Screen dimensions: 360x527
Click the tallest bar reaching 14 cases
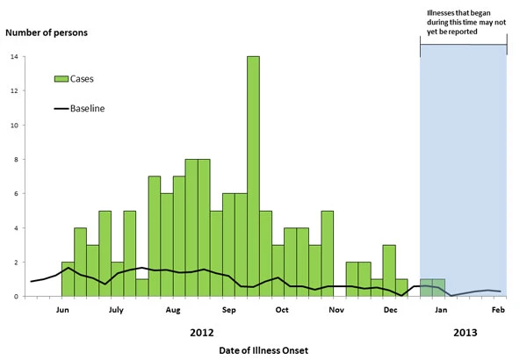(253, 176)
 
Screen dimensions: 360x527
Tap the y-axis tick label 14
(14, 58)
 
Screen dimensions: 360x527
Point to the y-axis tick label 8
(14, 160)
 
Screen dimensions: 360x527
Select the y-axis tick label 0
(14, 297)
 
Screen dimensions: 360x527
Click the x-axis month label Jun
(62, 310)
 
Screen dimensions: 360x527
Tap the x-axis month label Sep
(228, 310)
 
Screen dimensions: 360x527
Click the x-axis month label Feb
(498, 310)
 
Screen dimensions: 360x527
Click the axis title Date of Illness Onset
(263, 350)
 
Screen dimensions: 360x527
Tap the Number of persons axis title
(47, 33)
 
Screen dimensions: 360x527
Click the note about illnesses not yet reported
(464, 22)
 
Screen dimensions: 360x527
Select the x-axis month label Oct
(283, 310)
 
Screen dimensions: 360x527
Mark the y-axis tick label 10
(12, 126)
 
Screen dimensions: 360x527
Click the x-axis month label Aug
(173, 310)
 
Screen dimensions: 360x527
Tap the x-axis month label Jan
(442, 310)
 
